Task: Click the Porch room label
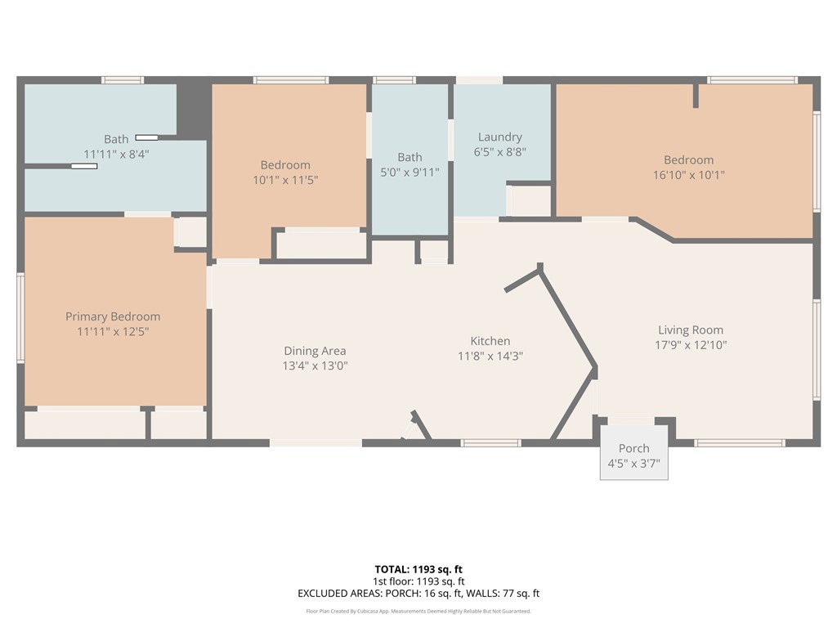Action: pyautogui.click(x=634, y=449)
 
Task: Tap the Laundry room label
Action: pyautogui.click(x=499, y=137)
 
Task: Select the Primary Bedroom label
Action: pyautogui.click(x=113, y=316)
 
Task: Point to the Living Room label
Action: pyautogui.click(x=690, y=330)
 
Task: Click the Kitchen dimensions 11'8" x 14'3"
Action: pyautogui.click(x=490, y=356)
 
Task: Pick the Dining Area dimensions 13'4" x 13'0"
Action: pyautogui.click(x=315, y=366)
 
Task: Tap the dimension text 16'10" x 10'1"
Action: pyautogui.click(x=688, y=175)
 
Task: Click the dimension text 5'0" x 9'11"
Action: pyautogui.click(x=410, y=172)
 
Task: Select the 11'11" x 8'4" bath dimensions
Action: pyautogui.click(x=116, y=155)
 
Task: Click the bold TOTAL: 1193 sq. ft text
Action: pyautogui.click(x=418, y=569)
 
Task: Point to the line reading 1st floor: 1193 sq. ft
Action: pyautogui.click(x=418, y=581)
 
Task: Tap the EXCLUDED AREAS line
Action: pyautogui.click(x=418, y=594)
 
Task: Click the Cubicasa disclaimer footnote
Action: pyautogui.click(x=418, y=611)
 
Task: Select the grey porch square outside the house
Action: pyautogui.click(x=634, y=452)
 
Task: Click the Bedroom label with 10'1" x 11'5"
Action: pyautogui.click(x=285, y=165)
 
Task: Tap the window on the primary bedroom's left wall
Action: pyautogui.click(x=20, y=318)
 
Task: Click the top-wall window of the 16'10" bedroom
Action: pyautogui.click(x=753, y=80)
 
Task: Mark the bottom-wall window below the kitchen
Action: pyautogui.click(x=490, y=442)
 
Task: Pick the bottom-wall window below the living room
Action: pyautogui.click(x=739, y=442)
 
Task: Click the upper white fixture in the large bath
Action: pyautogui.click(x=146, y=137)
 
